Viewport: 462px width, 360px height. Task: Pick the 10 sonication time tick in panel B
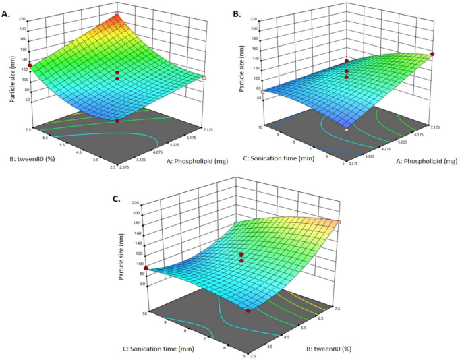[x=268, y=125]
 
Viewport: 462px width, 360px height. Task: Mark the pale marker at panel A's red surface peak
[x=117, y=14]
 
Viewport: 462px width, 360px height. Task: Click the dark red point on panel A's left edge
[x=30, y=65]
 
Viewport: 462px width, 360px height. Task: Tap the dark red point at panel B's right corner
[x=432, y=54]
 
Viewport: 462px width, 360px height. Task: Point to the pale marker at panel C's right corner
[x=339, y=222]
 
